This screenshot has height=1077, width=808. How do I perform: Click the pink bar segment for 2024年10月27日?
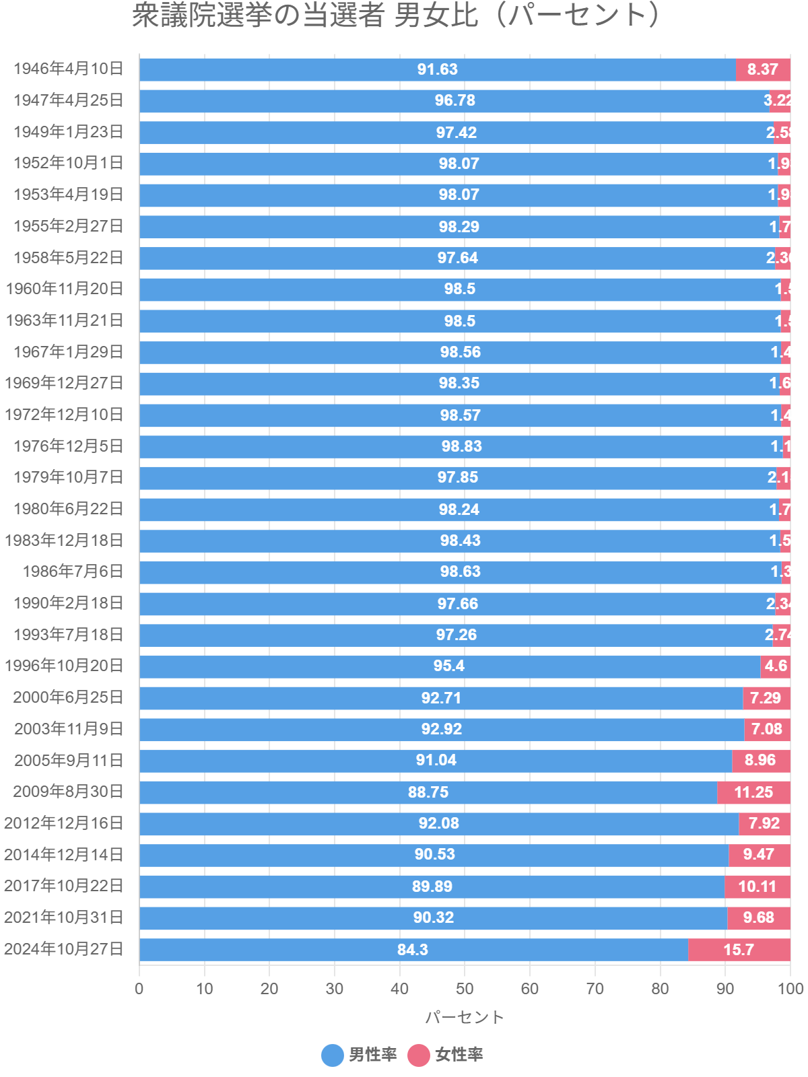(739, 949)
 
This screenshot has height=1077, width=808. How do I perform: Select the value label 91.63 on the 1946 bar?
(437, 69)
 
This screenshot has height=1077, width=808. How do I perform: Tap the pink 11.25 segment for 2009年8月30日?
(753, 792)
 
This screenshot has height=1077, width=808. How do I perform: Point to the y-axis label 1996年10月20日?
(64, 666)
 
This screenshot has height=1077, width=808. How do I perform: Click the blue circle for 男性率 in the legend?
(333, 1055)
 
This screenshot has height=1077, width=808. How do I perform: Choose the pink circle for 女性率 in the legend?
(419, 1055)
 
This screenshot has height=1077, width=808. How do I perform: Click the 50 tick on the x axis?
(465, 988)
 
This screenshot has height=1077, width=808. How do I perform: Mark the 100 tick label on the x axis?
(790, 988)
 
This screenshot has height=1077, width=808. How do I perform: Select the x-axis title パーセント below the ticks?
(465, 1017)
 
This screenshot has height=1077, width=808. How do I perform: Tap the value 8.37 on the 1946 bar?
(762, 69)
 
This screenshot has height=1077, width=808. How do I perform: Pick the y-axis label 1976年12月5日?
(69, 446)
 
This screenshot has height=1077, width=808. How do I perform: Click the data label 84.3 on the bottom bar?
(412, 949)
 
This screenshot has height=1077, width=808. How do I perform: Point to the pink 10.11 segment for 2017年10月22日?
(757, 887)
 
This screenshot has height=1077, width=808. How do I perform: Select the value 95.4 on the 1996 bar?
(448, 666)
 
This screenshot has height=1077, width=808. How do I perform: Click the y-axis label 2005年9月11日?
(69, 760)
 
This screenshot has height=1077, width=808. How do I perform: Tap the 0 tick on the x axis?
(139, 988)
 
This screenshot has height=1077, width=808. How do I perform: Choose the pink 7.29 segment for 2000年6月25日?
(766, 698)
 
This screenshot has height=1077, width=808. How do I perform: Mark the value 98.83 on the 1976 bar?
(461, 446)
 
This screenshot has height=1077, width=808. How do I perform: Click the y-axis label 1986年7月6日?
(73, 571)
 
